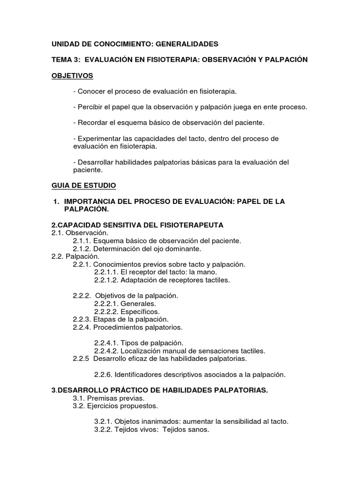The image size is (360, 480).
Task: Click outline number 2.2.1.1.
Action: click(x=106, y=272)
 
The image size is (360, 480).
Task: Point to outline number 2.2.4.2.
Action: click(x=106, y=351)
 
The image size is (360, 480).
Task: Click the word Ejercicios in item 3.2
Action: click(x=102, y=406)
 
